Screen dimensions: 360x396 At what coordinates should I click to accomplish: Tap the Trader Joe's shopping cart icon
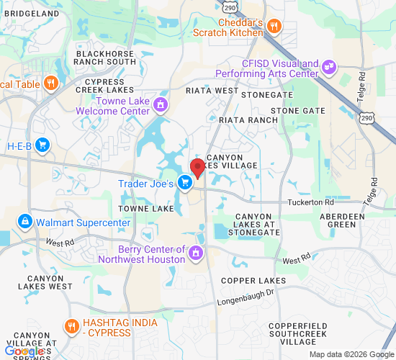coord(185,184)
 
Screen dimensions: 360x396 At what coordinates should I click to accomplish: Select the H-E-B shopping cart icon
coord(42,145)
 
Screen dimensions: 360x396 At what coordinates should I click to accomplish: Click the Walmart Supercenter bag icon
coord(25,221)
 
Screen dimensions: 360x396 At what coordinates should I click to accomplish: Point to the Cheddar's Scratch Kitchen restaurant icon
coord(274,27)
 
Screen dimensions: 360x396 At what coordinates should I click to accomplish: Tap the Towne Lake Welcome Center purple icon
coord(160,106)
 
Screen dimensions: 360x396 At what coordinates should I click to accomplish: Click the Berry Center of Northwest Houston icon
coord(195,253)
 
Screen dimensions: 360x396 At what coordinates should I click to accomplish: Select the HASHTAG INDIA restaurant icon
coord(71,325)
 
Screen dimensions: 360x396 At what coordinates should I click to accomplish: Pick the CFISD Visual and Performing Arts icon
coord(329,68)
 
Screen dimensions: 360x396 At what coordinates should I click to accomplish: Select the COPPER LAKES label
coord(253,280)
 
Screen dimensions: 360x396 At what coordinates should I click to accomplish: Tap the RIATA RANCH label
coord(248,120)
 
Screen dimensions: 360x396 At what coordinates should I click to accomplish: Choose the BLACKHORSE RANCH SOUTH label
coord(106,58)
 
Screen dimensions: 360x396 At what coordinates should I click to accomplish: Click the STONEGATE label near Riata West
coord(267,95)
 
